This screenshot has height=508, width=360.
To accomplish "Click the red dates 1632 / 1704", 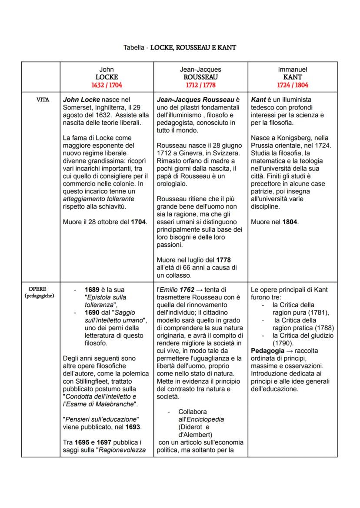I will click(107, 85).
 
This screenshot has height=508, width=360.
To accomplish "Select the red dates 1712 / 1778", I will click(200, 85).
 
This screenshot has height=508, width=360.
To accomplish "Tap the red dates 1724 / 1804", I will click(293, 85).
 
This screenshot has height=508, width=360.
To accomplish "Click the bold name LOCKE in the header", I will click(107, 77).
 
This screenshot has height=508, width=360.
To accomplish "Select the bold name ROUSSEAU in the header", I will click(200, 77).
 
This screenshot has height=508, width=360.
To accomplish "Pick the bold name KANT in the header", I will click(293, 77).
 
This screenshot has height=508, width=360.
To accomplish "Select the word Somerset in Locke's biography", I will click(77, 107).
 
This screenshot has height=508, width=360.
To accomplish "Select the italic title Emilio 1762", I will click(177, 290).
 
